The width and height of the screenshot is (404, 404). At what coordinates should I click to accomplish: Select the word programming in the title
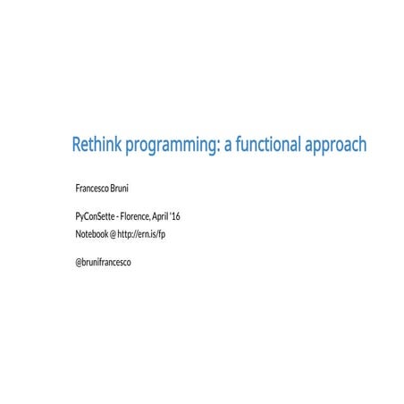tap(170, 145)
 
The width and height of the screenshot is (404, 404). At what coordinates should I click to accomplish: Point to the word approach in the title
tap(335, 145)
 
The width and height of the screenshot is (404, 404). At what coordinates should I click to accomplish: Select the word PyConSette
tap(97, 217)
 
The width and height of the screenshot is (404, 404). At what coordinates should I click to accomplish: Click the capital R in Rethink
tap(77, 144)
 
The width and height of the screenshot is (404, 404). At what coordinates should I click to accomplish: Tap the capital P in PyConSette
tap(78, 217)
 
